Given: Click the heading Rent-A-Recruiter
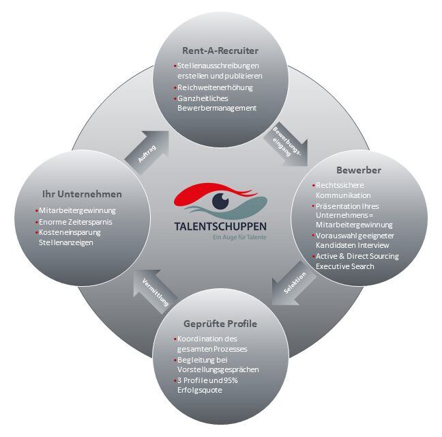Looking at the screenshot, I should [x=220, y=50].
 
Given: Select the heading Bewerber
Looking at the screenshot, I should [x=357, y=169].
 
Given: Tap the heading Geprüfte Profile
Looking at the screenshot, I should [x=220, y=323].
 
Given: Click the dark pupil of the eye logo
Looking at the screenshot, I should [x=220, y=201].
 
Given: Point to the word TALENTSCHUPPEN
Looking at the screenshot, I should [x=220, y=227].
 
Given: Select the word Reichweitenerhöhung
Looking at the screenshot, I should [x=213, y=87].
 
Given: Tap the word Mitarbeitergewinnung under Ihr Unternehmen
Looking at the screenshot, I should [x=78, y=210].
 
